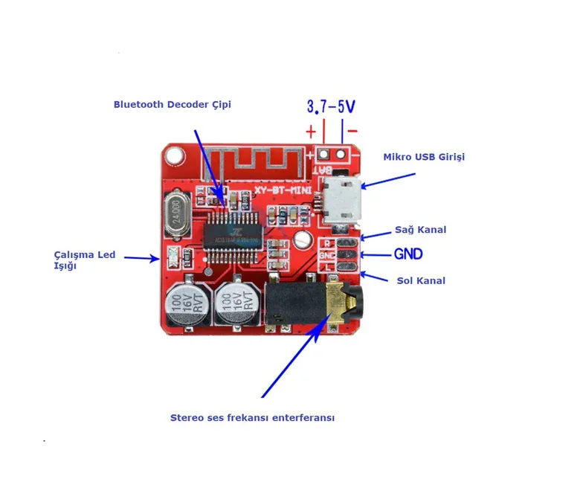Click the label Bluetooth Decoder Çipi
click(x=172, y=105)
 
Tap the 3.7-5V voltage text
click(x=331, y=106)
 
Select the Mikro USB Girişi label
click(x=424, y=157)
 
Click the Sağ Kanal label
click(x=422, y=230)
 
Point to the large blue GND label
click(x=408, y=254)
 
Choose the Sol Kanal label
click(x=421, y=280)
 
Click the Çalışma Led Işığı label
click(x=83, y=260)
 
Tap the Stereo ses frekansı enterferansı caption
click(x=252, y=418)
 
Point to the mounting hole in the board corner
click(x=175, y=156)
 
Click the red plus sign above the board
click(x=311, y=132)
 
